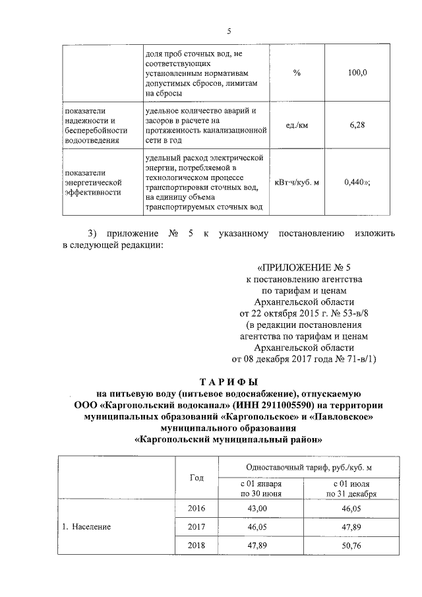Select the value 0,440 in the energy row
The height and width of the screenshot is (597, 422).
pyautogui.click(x=357, y=183)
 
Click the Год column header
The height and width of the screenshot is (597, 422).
pyautogui.click(x=196, y=477)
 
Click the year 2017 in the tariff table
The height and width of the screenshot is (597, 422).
pyautogui.click(x=196, y=528)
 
